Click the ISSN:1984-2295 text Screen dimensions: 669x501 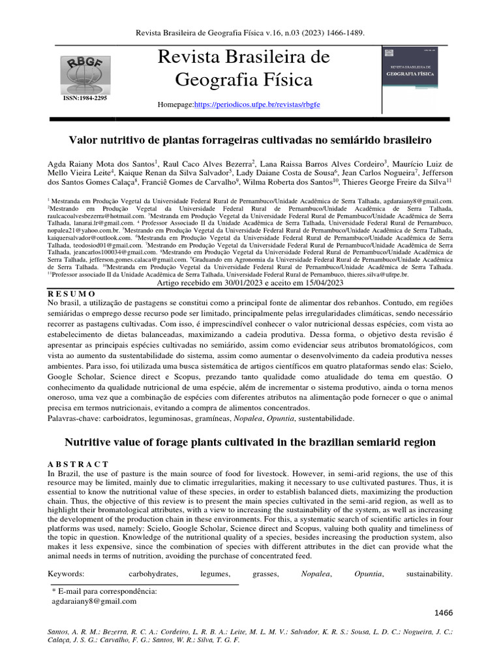point(85,97)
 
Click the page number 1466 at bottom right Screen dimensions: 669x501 point(444,612)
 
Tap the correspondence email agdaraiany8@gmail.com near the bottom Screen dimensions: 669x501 point(94,601)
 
